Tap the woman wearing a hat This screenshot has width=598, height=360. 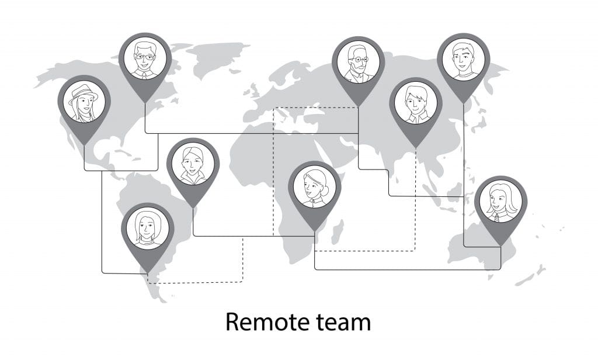[84, 102]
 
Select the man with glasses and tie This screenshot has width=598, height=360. [145, 59]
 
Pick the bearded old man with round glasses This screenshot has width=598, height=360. [358, 63]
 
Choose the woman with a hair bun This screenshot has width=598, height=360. [315, 186]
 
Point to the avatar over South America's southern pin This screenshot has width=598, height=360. [148, 229]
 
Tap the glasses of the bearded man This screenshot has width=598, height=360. [358, 60]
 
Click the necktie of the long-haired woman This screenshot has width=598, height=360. [496, 217]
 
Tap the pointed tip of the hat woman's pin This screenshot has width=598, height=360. [84, 145]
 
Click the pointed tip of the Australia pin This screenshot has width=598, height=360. [500, 245]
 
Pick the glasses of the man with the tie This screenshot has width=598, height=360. [145, 57]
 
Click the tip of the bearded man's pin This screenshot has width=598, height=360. [358, 106]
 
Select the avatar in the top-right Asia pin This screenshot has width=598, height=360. [463, 60]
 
